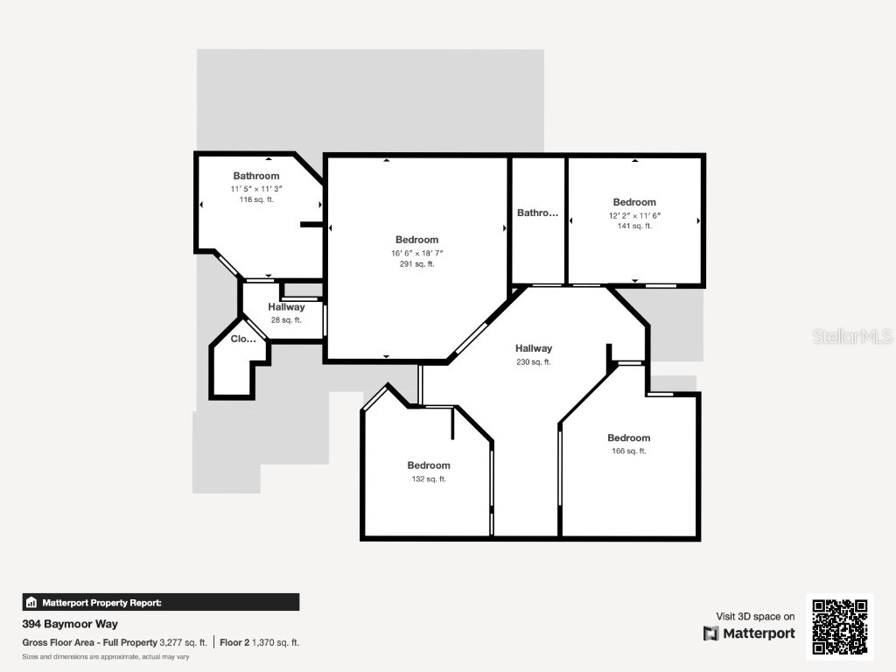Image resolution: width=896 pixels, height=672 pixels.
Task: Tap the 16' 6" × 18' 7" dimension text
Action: (x=417, y=253)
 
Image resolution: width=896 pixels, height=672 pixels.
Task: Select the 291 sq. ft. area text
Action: (x=417, y=264)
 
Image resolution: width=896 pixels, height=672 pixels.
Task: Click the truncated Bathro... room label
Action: (x=538, y=213)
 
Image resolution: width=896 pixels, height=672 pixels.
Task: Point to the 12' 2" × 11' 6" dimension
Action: (x=634, y=215)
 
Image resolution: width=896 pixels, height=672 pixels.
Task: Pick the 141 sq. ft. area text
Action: (x=634, y=226)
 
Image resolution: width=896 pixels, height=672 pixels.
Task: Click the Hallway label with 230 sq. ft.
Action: (x=534, y=348)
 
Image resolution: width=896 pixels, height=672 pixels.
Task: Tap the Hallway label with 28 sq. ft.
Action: (x=286, y=307)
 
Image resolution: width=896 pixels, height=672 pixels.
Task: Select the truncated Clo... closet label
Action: (x=243, y=339)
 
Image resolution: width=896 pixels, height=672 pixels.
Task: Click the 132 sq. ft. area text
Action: (x=429, y=479)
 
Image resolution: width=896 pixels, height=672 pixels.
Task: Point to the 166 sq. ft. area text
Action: (x=628, y=451)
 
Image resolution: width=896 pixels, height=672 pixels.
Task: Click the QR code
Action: (x=840, y=626)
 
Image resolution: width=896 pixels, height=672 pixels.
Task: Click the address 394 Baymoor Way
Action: (x=70, y=624)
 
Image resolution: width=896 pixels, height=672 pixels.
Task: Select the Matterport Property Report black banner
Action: (x=161, y=602)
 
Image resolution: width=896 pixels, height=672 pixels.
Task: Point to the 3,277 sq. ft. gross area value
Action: (x=183, y=642)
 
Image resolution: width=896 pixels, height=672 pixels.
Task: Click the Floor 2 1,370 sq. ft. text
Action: (x=259, y=642)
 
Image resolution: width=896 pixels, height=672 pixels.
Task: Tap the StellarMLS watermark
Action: (x=852, y=336)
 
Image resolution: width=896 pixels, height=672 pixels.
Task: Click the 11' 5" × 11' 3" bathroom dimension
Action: (x=256, y=189)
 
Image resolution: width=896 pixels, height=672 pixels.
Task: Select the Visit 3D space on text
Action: (x=755, y=617)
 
